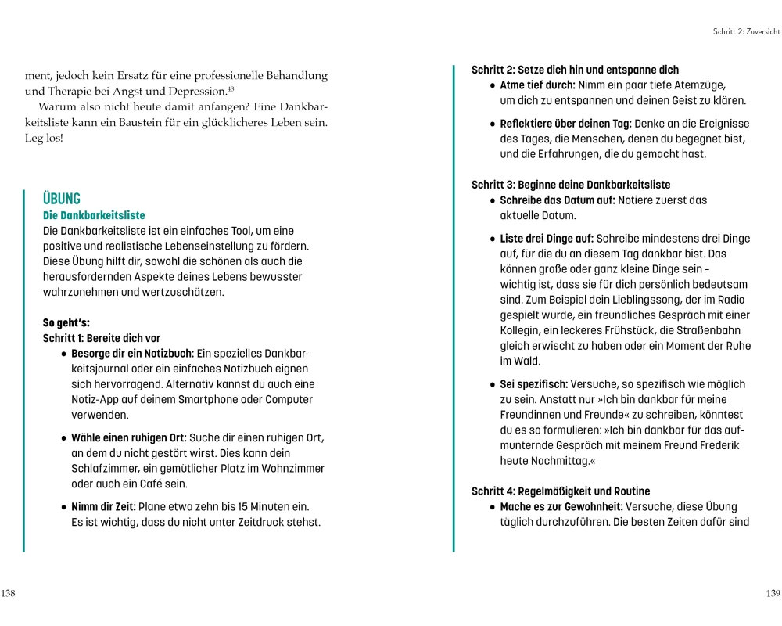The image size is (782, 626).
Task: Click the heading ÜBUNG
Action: pyautogui.click(x=62, y=199)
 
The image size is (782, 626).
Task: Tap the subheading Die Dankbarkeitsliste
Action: pyautogui.click(x=94, y=215)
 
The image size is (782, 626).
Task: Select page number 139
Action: pyautogui.click(x=773, y=593)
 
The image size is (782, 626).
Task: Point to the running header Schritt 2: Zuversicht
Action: pyautogui.click(x=746, y=31)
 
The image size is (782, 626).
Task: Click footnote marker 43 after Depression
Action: pyautogui.click(x=231, y=88)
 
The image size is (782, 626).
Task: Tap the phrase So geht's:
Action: pyautogui.click(x=66, y=322)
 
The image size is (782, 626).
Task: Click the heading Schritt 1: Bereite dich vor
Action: pyautogui.click(x=102, y=338)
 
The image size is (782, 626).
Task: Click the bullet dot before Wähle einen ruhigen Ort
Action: pyautogui.click(x=64, y=439)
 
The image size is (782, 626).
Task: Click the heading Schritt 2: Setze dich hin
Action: pyautogui.click(x=575, y=70)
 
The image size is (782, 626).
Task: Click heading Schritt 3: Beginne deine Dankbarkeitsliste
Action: pyautogui.click(x=571, y=185)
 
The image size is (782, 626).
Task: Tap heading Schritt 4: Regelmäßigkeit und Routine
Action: pyautogui.click(x=561, y=491)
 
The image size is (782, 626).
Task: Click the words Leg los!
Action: pyautogui.click(x=44, y=138)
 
